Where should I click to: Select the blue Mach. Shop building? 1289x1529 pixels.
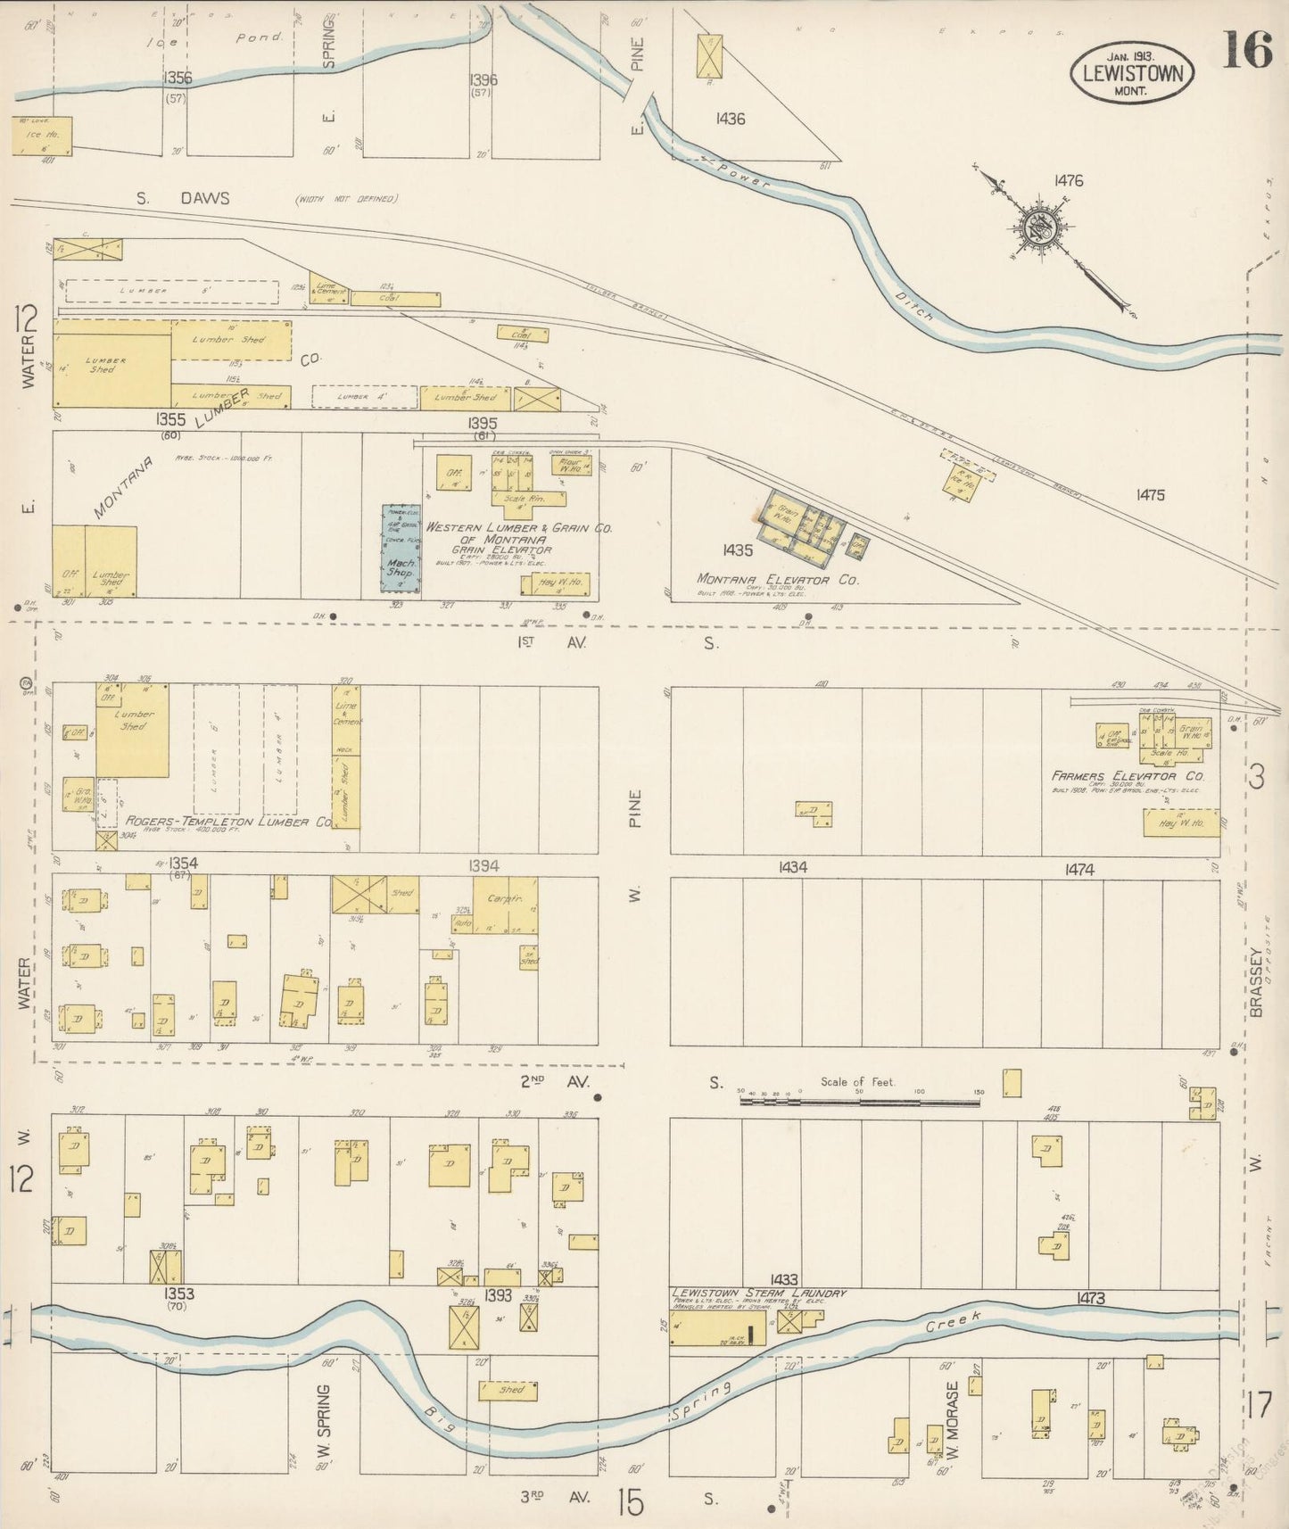(401, 548)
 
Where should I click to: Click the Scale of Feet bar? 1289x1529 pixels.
(860, 1102)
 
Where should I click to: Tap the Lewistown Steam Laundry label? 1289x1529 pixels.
(758, 1293)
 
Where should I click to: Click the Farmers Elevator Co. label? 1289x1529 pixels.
(1128, 777)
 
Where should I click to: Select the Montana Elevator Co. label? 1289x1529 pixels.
(777, 580)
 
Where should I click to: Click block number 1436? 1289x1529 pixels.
(729, 118)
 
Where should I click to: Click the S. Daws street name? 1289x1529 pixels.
(183, 198)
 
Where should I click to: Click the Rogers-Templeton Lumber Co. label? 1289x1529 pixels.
(228, 822)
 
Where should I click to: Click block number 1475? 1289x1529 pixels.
(1150, 494)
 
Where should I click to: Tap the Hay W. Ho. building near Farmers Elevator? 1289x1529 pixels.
(1181, 822)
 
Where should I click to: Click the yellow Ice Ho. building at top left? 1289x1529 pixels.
(42, 135)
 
